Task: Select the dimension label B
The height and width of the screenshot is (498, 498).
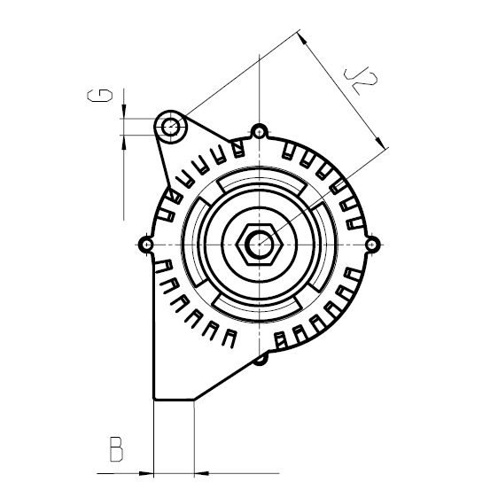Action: click(x=114, y=449)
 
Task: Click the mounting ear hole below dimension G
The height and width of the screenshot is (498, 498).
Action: click(x=170, y=128)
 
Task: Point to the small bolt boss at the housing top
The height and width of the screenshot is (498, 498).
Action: click(x=258, y=132)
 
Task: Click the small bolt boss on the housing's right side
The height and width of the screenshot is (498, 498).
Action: click(x=372, y=243)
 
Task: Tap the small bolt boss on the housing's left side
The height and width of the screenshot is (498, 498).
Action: click(x=144, y=243)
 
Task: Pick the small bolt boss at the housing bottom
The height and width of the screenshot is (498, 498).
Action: click(x=260, y=358)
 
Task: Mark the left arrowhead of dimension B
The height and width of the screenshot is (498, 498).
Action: click(x=149, y=472)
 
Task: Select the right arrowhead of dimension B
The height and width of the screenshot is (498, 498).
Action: click(x=199, y=472)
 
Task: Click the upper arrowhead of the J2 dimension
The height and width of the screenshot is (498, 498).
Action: click(x=304, y=38)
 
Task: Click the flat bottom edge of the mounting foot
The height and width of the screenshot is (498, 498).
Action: click(x=174, y=399)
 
